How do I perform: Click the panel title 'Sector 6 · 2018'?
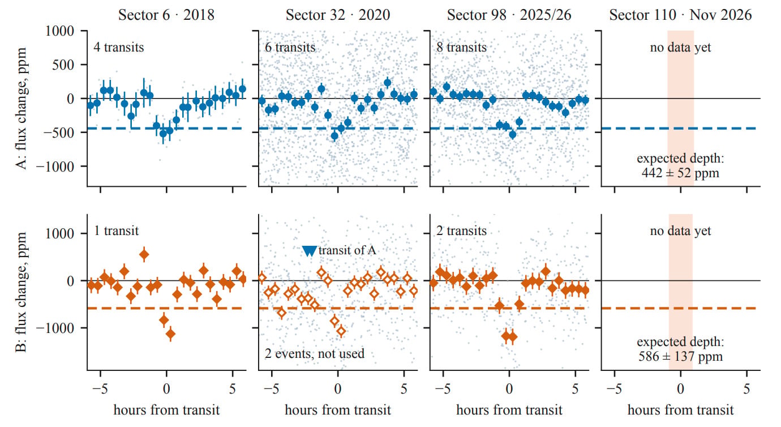tap(166, 15)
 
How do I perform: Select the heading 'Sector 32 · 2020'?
tap(338, 15)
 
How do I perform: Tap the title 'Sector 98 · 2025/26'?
tap(509, 15)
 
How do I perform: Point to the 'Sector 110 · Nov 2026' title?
tap(680, 15)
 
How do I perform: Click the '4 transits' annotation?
tap(118, 47)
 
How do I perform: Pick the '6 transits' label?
tap(290, 47)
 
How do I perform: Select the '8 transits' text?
tap(461, 47)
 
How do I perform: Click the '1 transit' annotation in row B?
tap(117, 230)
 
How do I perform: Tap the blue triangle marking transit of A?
tap(309, 251)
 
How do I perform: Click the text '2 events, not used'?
tap(315, 353)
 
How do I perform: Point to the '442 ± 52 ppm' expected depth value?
tap(680, 173)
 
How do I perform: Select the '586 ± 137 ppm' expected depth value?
tap(680, 357)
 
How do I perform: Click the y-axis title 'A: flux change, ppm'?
tap(21, 109)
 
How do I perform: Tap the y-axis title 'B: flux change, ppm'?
tap(21, 292)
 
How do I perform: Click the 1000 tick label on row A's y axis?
tap(59, 31)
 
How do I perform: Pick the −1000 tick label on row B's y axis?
tap(55, 328)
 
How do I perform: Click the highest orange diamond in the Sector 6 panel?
tap(144, 255)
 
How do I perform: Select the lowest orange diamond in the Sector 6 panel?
tap(170, 334)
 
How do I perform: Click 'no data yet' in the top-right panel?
tap(680, 47)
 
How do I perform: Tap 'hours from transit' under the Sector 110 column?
tap(681, 410)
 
